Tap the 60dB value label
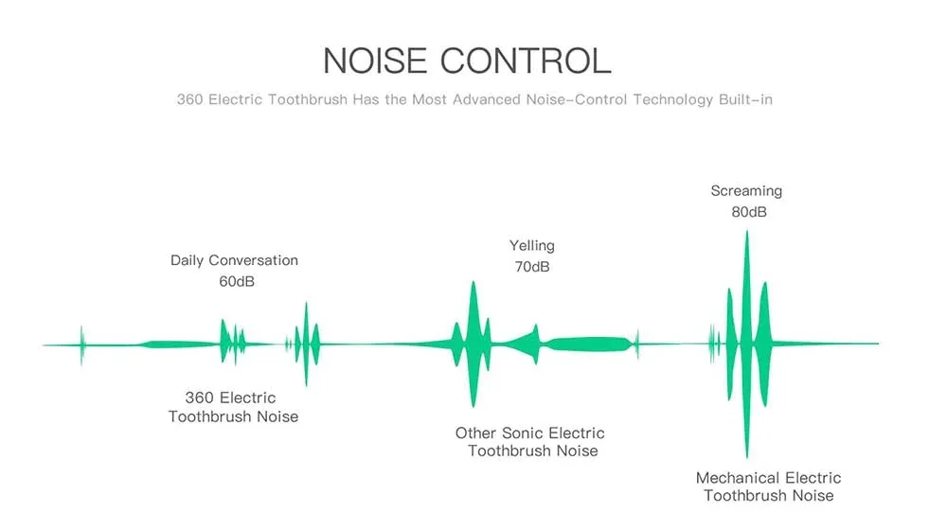tap(236, 281)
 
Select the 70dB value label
tap(531, 267)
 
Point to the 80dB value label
tap(748, 212)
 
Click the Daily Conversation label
tap(234, 260)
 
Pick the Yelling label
tap(531, 246)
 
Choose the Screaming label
tap(746, 191)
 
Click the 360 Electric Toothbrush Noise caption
tap(233, 407)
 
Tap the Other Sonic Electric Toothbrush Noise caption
tap(530, 442)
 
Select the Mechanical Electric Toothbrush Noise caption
tap(768, 486)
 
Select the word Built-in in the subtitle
tap(746, 99)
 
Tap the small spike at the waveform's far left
tap(81, 344)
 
